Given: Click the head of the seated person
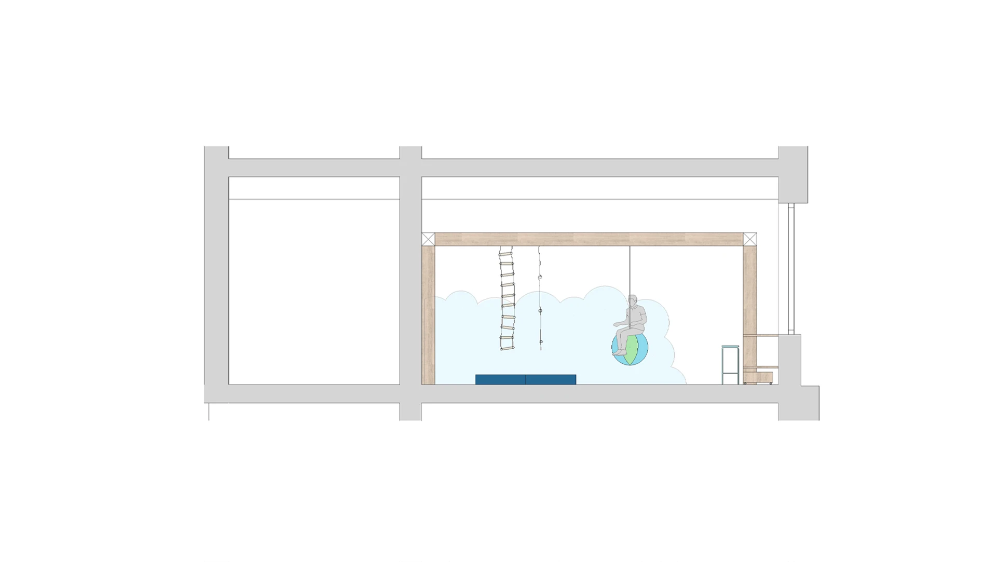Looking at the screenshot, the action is pyautogui.click(x=633, y=300).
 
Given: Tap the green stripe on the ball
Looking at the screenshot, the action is pyautogui.click(x=631, y=350).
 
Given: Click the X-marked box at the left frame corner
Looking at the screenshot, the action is pyautogui.click(x=428, y=239).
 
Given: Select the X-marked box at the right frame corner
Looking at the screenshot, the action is pyautogui.click(x=750, y=239).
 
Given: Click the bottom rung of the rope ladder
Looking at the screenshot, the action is pyautogui.click(x=507, y=347).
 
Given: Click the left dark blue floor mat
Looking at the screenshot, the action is pyautogui.click(x=500, y=379).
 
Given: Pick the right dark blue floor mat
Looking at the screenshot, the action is pyautogui.click(x=551, y=379).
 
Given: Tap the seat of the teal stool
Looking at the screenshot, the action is pyautogui.click(x=730, y=346).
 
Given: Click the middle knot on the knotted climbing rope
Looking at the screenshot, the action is pyautogui.click(x=540, y=311).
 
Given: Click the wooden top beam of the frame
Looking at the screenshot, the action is pyautogui.click(x=589, y=239).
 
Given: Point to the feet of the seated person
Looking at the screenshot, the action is pyautogui.click(x=620, y=352).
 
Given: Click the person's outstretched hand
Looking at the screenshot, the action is pyautogui.click(x=617, y=324).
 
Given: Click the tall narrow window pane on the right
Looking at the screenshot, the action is pyautogui.click(x=791, y=267).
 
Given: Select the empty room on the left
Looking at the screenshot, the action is pyautogui.click(x=314, y=291).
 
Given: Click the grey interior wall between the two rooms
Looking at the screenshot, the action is pyautogui.click(x=410, y=280).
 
